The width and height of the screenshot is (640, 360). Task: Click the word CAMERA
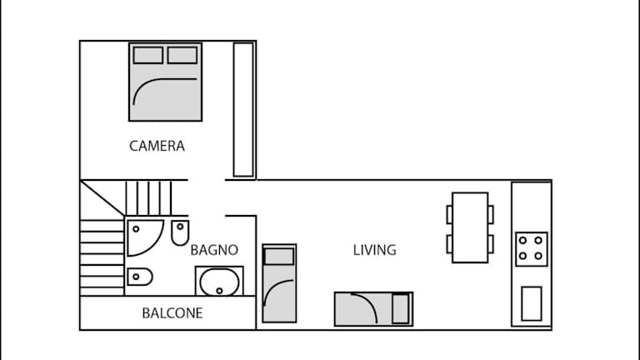tap(157, 146)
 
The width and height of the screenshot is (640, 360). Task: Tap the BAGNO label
tap(214, 250)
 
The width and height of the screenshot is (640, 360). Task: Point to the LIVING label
tap(374, 250)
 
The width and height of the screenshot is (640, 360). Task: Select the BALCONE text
tap(172, 313)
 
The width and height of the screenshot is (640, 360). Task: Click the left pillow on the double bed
tap(148, 55)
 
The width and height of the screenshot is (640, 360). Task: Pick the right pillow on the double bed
tap(182, 55)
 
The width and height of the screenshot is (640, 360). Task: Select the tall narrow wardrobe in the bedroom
tap(243, 109)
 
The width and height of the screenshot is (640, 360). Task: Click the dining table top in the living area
tap(470, 227)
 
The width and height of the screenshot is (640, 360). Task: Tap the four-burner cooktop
tap(531, 249)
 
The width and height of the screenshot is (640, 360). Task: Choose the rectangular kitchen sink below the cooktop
tap(532, 303)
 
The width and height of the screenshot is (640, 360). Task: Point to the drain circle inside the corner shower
tap(136, 229)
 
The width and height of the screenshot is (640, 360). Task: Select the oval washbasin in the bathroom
tap(219, 282)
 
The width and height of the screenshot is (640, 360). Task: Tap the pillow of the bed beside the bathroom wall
tap(279, 257)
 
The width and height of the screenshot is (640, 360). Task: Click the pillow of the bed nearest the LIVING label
tap(400, 309)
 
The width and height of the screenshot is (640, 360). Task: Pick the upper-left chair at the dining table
tap(449, 215)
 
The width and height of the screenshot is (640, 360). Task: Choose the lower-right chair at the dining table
tap(491, 244)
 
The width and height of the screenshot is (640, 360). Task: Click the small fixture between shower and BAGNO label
tap(180, 232)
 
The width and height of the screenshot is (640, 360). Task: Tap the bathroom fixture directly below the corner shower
tap(140, 277)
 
